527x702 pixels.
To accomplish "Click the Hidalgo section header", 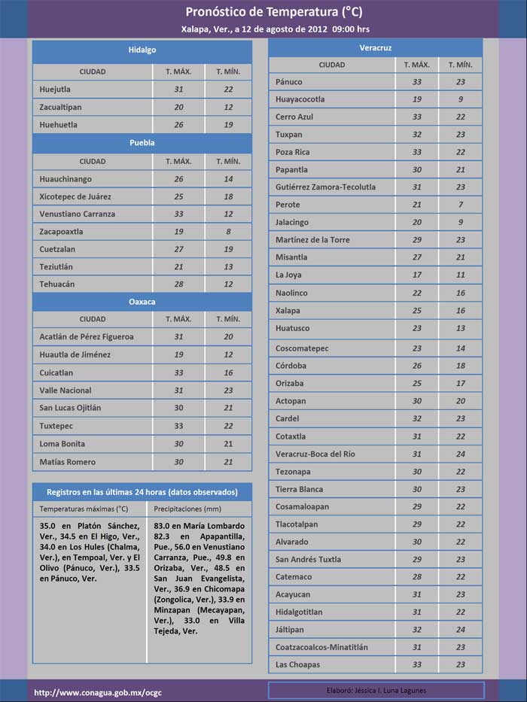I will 142,50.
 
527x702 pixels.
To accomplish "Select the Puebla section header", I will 142,142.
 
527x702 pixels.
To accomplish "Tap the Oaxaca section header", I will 142,302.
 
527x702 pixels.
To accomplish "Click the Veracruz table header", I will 375,47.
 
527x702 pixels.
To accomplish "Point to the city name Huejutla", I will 55,90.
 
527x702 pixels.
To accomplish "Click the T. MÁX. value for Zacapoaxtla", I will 178,232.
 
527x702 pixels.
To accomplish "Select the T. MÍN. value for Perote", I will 460,205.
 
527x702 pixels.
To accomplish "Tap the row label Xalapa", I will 288,311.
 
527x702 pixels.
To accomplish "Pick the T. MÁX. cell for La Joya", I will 417,275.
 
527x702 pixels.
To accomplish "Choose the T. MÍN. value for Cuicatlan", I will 228,372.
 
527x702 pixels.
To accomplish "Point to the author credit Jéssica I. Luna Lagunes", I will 376,691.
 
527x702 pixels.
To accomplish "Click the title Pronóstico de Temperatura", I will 263,12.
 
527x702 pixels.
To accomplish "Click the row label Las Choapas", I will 297,665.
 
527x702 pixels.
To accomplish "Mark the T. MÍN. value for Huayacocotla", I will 460,99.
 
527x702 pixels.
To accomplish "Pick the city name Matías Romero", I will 68,462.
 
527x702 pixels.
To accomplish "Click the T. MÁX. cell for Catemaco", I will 417,577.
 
